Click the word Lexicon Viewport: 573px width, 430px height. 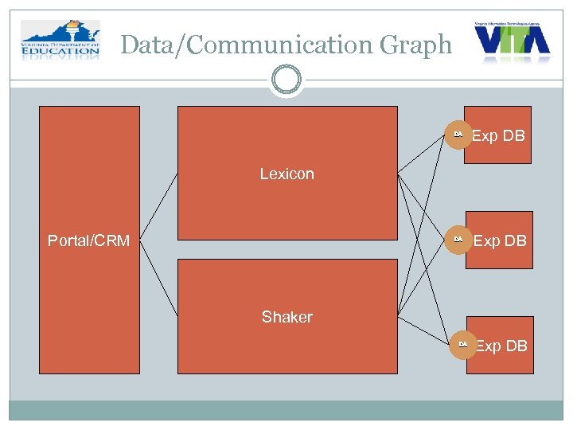coord(286,174)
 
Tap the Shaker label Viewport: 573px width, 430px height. coord(286,317)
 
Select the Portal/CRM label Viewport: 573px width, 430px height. coord(88,240)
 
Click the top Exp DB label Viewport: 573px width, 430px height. coord(498,135)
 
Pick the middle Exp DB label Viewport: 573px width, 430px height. coord(500,240)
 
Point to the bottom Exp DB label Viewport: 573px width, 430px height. coord(501,346)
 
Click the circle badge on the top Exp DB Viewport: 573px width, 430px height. coord(458,135)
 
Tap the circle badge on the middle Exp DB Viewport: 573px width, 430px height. coord(458,240)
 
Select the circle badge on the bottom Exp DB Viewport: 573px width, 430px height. coord(462,345)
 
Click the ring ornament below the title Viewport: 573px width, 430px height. coord(286,80)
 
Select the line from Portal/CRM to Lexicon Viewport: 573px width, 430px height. coord(158,205)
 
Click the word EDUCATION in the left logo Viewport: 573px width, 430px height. coord(60,55)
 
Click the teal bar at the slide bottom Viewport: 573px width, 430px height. coord(286,409)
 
